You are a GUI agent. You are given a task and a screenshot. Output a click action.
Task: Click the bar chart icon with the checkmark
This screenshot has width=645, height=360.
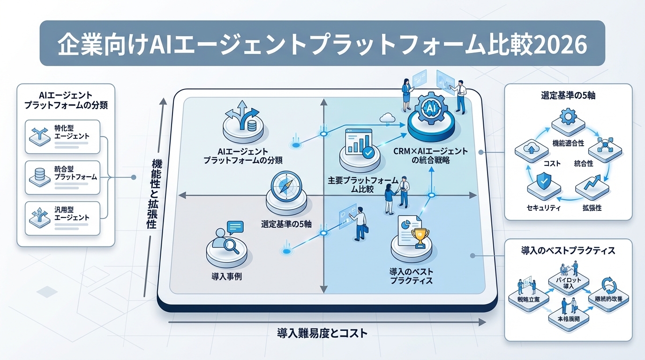coord(359,143)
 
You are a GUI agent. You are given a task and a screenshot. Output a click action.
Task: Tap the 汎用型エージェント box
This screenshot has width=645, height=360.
coord(62,218)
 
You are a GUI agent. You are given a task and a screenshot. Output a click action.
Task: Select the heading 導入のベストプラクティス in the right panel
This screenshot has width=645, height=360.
coord(568,251)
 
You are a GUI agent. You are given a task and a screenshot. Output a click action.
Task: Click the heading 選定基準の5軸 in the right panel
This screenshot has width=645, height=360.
coord(568,96)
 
